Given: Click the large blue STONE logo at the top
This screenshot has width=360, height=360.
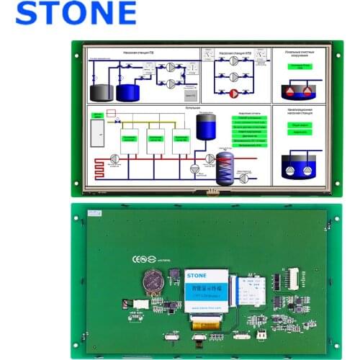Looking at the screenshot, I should (x=76, y=14).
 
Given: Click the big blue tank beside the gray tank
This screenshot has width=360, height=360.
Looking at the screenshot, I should (x=127, y=91).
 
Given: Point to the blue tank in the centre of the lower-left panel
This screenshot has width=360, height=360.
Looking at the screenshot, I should (x=207, y=129).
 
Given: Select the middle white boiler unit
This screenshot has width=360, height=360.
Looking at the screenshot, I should (x=157, y=138).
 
